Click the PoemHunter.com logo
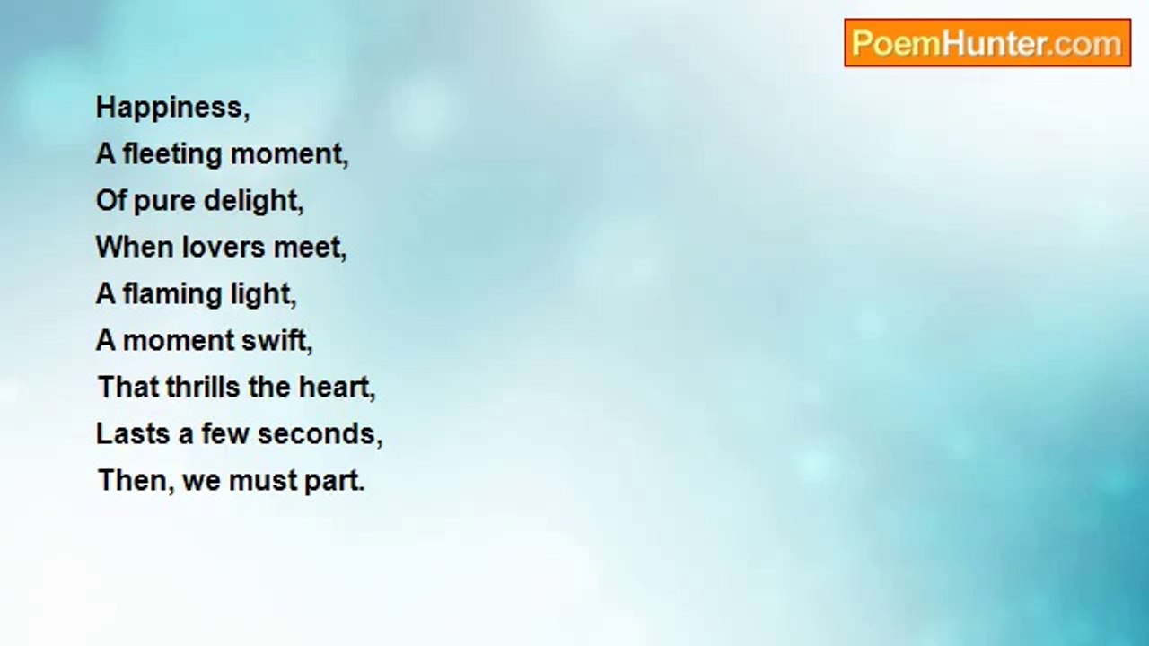[987, 43]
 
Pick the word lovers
[224, 247]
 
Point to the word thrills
[203, 387]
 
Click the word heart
[337, 388]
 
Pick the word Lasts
[133, 434]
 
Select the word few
[224, 433]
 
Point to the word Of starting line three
[110, 200]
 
